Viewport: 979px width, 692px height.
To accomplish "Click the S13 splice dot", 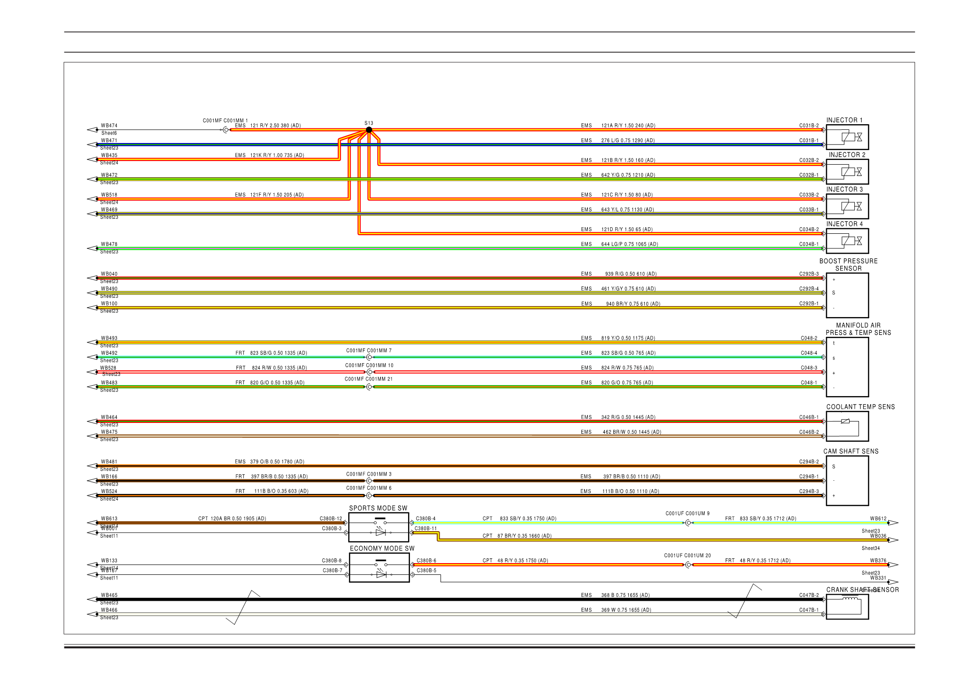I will pyautogui.click(x=369, y=130).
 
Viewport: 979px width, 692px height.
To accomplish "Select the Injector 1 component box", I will pyautogui.click(x=847, y=137).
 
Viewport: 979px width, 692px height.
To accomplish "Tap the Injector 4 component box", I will pyautogui.click(x=847, y=241).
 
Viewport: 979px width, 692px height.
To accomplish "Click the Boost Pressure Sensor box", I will pyautogui.click(x=847, y=295).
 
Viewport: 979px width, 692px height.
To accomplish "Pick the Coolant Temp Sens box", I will pyautogui.click(x=847, y=426).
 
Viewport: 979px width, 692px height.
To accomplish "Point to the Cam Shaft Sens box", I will pyautogui.click(x=847, y=481).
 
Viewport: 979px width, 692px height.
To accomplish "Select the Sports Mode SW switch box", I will pyautogui.click(x=379, y=527).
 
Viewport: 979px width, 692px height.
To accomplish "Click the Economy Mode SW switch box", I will pyautogui.click(x=379, y=568).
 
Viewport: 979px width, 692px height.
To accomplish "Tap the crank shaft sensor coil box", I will pyautogui.click(x=847, y=607).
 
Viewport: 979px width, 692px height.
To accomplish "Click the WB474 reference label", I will pyautogui.click(x=109, y=126).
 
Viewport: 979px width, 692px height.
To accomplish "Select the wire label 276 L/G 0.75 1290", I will pyautogui.click(x=628, y=140).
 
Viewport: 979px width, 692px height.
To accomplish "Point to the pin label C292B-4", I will pyautogui.click(x=809, y=288).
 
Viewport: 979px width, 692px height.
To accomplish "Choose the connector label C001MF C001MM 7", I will pyautogui.click(x=369, y=350).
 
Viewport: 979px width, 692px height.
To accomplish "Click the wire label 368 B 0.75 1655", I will pyautogui.click(x=625, y=595).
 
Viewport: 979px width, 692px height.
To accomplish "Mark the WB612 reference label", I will pyautogui.click(x=878, y=518).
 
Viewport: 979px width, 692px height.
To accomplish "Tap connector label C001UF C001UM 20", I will pyautogui.click(x=687, y=556).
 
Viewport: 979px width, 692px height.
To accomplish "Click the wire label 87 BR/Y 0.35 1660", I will pyautogui.click(x=524, y=536).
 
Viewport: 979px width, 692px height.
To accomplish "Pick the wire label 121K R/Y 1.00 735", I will pyautogui.click(x=277, y=155).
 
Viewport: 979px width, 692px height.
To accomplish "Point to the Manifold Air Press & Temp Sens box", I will pyautogui.click(x=847, y=367).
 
